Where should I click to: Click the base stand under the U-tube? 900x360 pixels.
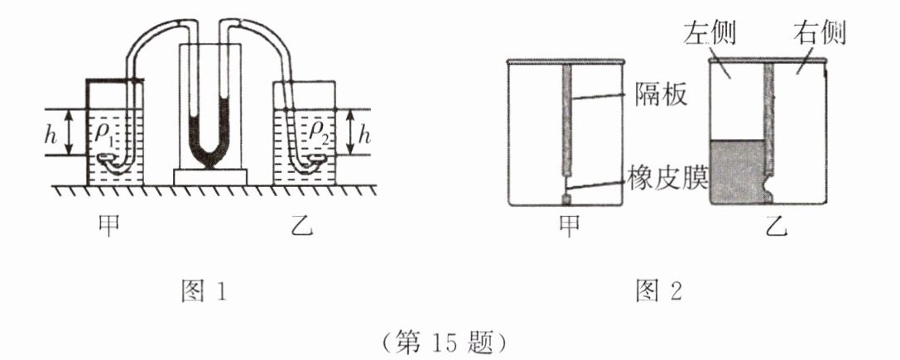pyautogui.click(x=209, y=176)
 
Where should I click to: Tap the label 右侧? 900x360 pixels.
pyautogui.click(x=821, y=34)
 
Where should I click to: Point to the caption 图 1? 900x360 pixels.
pyautogui.click(x=204, y=291)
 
